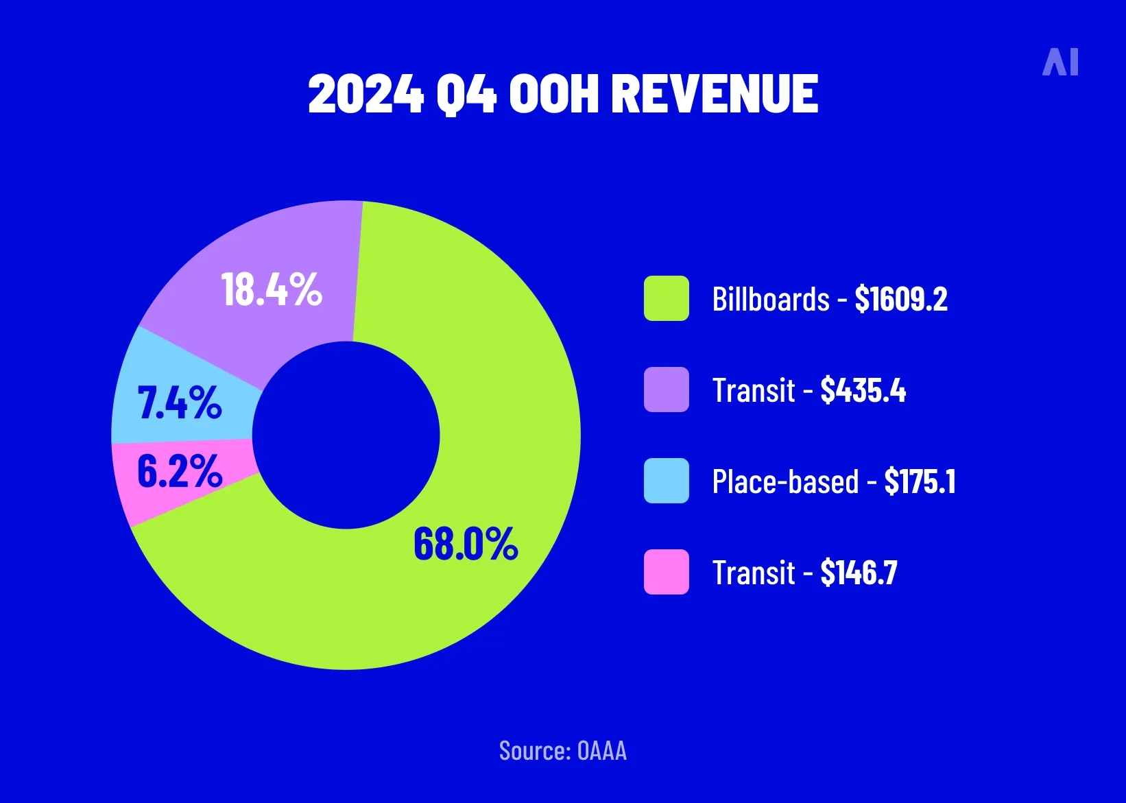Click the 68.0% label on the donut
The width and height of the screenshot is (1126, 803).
[x=466, y=544]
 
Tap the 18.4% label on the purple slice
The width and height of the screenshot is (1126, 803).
[x=272, y=289]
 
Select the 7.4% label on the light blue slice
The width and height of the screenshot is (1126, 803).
[x=180, y=403]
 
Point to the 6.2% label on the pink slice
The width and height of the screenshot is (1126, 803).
[x=180, y=472]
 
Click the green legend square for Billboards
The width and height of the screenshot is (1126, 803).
[x=666, y=298]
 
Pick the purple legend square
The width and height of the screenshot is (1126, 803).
[x=666, y=389]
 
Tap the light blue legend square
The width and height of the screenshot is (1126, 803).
[x=666, y=481]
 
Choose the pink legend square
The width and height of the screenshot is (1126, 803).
[x=666, y=572]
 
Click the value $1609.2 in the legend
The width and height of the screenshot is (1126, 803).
[x=901, y=299]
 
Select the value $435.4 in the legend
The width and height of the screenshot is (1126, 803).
[x=863, y=390]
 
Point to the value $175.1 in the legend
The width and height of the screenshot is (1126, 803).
[x=920, y=481]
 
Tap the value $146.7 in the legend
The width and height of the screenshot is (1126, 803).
[x=859, y=573]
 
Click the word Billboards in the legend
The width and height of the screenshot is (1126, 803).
[x=771, y=300]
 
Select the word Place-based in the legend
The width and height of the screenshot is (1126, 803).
[x=785, y=481]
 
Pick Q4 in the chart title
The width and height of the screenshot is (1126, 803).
[x=466, y=94]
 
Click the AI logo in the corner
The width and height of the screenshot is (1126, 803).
[x=1060, y=62]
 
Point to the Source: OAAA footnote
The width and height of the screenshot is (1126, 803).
[x=563, y=751]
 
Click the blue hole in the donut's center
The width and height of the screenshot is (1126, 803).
[x=346, y=435]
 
